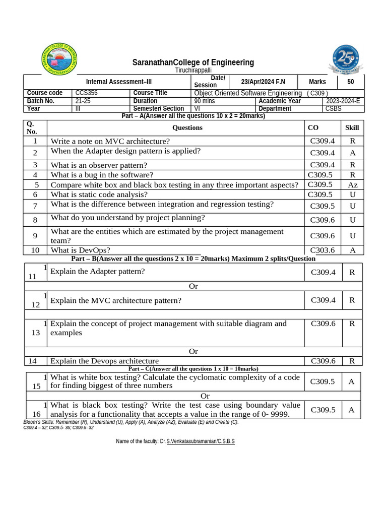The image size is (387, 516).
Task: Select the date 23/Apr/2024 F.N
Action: (x=263, y=82)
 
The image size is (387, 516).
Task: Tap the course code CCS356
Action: (x=86, y=93)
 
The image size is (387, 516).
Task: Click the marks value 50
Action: (x=351, y=82)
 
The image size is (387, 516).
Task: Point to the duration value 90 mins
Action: (x=205, y=101)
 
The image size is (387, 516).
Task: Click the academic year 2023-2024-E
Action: (x=343, y=101)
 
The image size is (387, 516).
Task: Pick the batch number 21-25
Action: (x=83, y=101)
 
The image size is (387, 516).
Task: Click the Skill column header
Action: (x=352, y=127)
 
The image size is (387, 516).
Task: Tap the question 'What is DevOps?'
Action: (x=80, y=250)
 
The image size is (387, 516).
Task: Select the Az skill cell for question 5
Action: (x=352, y=185)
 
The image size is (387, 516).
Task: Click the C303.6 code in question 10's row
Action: (x=322, y=250)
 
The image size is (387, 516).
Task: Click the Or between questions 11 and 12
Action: (x=193, y=286)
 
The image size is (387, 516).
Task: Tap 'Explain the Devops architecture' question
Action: (x=104, y=361)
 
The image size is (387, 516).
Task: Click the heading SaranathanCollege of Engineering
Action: (x=193, y=62)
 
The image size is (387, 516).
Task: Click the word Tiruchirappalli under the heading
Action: (x=193, y=71)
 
